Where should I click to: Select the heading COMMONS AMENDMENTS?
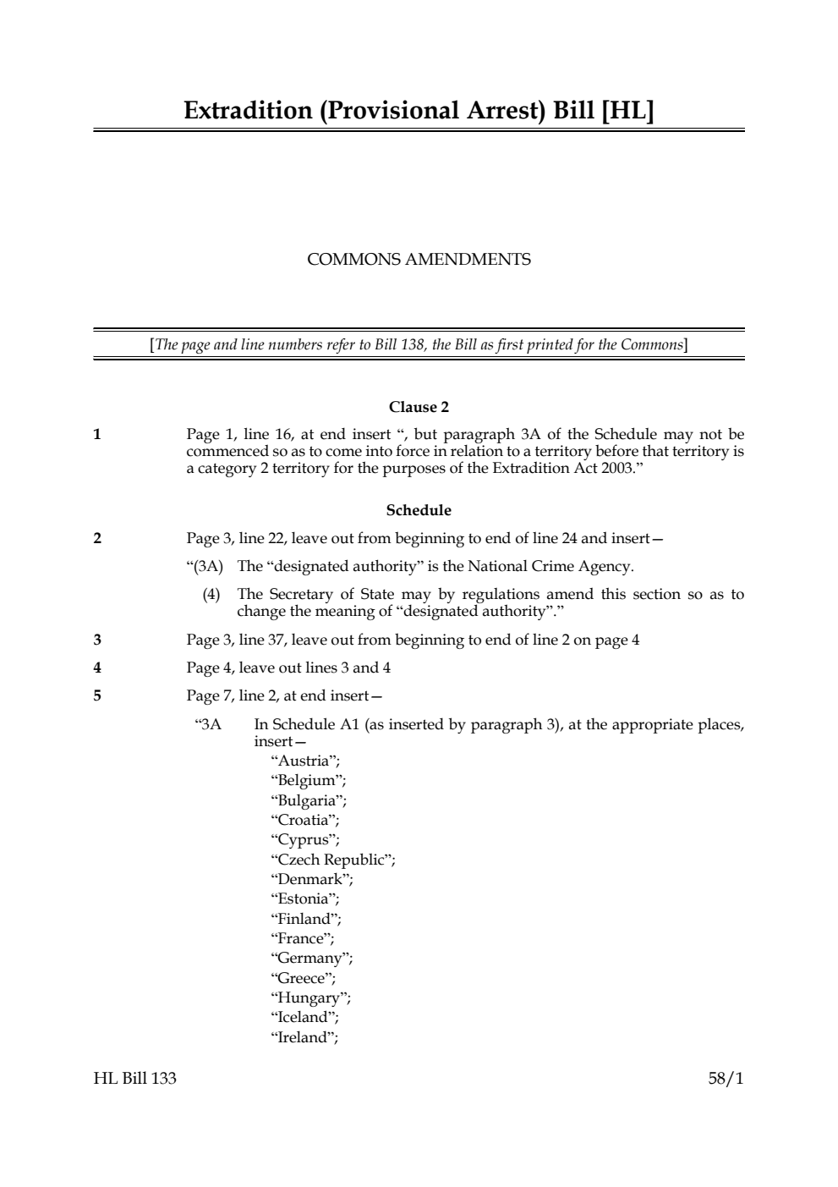[419, 260]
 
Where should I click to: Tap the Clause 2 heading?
[419, 408]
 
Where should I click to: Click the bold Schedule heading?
[419, 510]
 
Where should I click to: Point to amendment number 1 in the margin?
[97, 435]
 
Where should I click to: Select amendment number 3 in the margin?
[97, 640]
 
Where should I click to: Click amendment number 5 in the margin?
[97, 696]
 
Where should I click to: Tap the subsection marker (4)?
[211, 595]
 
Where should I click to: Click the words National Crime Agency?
[550, 566]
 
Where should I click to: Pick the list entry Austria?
[304, 761]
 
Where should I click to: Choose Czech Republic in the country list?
[332, 860]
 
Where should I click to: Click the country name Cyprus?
[304, 840]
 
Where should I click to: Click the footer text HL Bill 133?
[135, 1079]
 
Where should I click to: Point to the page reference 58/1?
[726, 1079]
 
